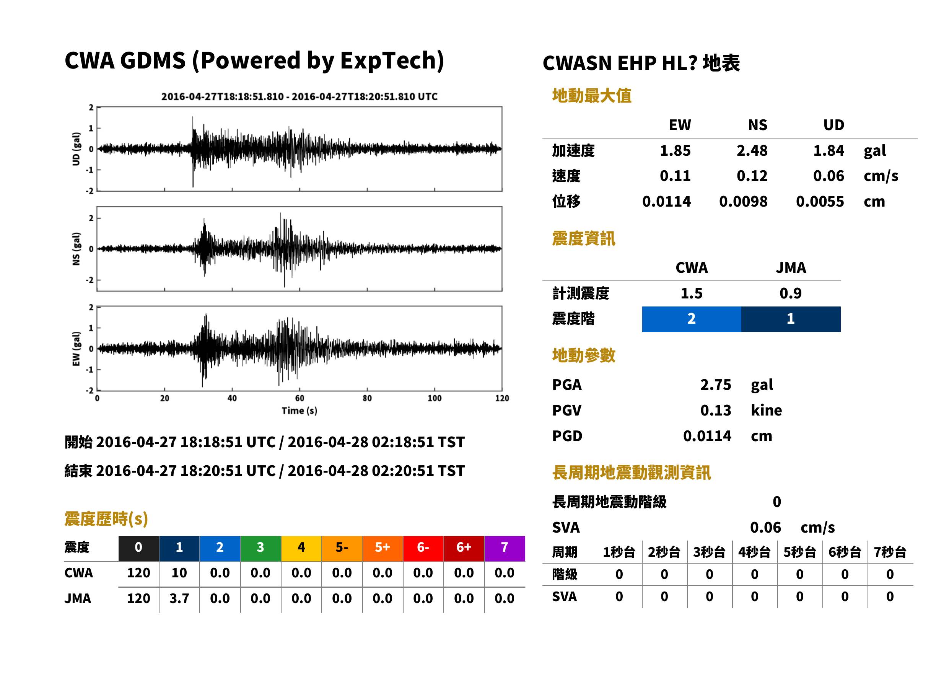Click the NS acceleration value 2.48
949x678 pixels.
[752, 151]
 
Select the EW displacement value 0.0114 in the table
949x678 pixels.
[666, 202]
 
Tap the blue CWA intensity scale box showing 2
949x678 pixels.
[692, 319]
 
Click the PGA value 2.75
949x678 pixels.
[715, 385]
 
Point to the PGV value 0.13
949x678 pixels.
[715, 411]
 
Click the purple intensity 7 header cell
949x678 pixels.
[505, 547]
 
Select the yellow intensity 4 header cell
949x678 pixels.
[301, 547]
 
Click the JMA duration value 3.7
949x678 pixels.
[179, 599]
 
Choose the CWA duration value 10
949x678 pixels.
[179, 573]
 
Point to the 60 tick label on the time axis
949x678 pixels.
[300, 398]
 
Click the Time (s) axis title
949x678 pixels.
[299, 411]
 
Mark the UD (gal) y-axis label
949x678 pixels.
[76, 149]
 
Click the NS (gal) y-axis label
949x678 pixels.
[76, 249]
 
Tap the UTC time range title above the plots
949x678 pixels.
[299, 97]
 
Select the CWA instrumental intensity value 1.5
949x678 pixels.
[692, 293]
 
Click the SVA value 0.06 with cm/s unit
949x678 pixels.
[765, 528]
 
